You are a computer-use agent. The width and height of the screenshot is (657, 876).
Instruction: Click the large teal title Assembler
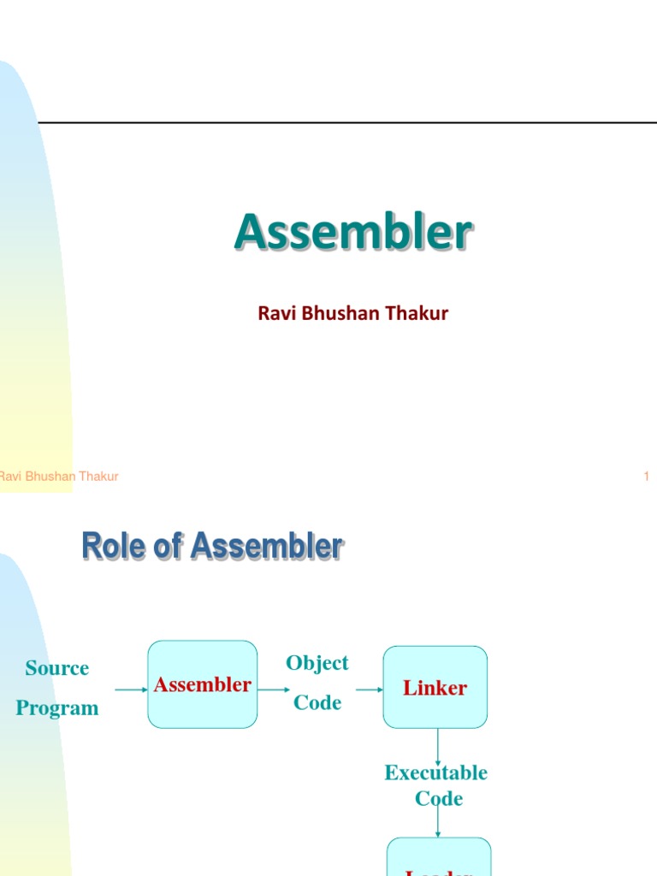click(x=352, y=233)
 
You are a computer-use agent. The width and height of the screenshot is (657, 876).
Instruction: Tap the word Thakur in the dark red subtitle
click(x=417, y=313)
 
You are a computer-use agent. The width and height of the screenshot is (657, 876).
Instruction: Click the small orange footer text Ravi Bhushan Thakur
click(x=58, y=476)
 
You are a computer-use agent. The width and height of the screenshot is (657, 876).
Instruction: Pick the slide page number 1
click(x=647, y=476)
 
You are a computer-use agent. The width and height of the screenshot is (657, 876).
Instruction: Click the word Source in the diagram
click(x=57, y=668)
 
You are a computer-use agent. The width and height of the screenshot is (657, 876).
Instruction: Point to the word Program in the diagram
click(x=57, y=708)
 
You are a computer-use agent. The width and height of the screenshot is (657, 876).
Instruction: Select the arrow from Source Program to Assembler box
click(x=131, y=689)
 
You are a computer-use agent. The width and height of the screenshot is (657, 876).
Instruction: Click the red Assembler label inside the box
click(x=203, y=684)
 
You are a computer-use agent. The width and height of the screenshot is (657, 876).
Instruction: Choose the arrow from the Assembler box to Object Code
click(x=274, y=689)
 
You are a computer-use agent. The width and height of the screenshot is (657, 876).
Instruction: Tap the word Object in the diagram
click(x=317, y=663)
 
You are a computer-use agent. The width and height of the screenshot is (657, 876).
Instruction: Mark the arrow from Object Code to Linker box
click(x=369, y=689)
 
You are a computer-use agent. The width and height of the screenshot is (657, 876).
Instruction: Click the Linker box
click(x=435, y=688)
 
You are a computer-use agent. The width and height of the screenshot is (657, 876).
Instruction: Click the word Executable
click(x=436, y=772)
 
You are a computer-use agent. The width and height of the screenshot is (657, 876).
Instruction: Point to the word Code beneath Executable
click(x=439, y=799)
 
